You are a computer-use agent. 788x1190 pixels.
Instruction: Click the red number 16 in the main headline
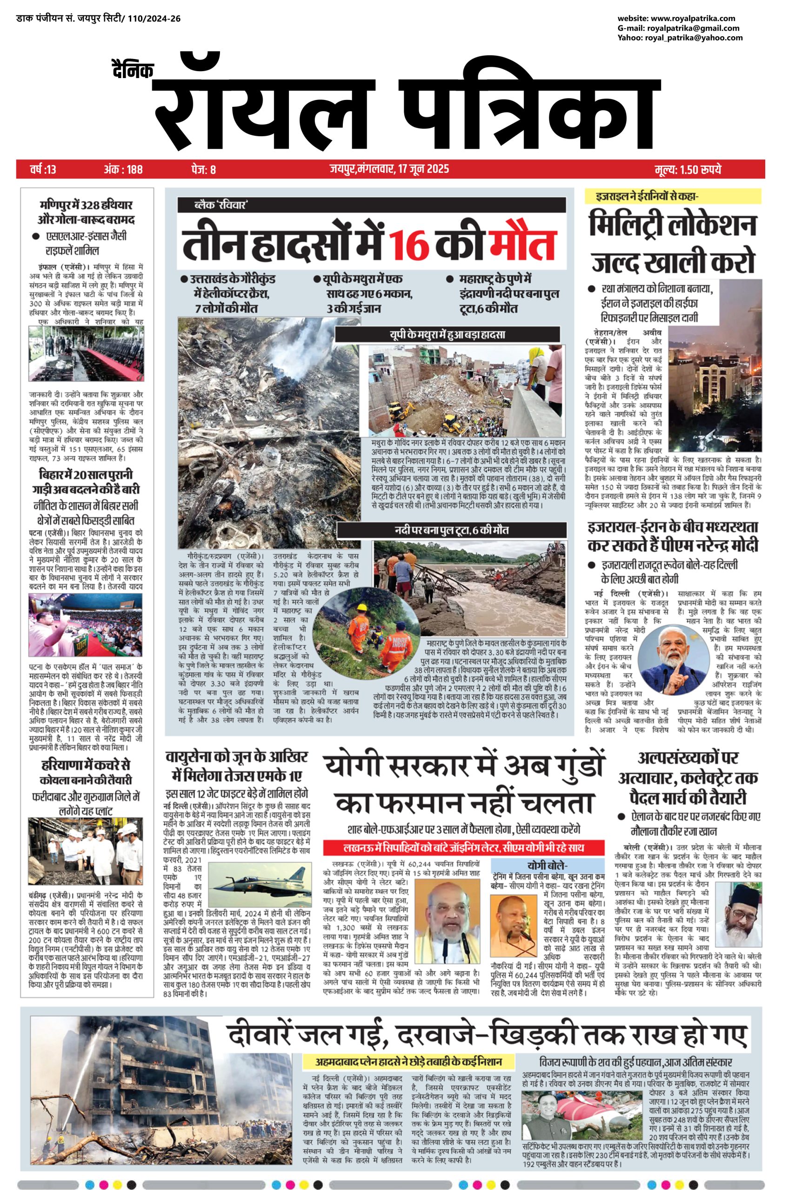pos(409,245)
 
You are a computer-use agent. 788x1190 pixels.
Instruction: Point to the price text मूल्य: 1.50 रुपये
pos(688,170)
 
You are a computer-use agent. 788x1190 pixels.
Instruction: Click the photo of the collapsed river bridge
pos(469,588)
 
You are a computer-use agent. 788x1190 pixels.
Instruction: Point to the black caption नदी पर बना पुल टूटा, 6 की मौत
pos(451,530)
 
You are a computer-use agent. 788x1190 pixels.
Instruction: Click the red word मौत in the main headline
pos(526,245)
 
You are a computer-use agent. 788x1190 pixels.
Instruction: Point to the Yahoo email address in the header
pos(680,38)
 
